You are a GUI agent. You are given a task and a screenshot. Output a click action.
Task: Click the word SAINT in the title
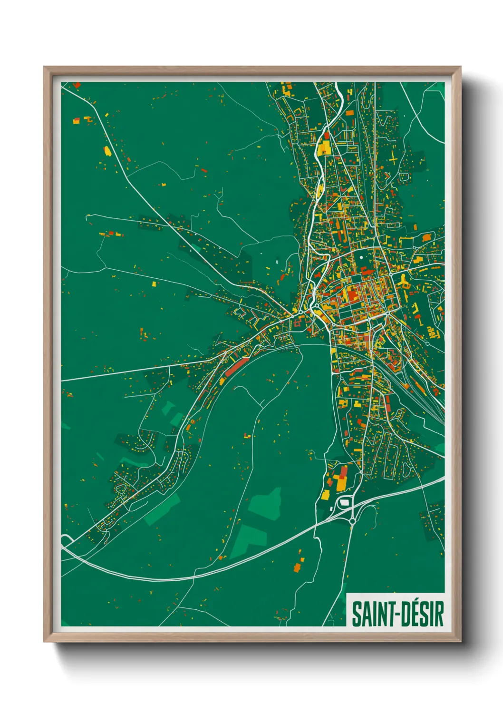372,614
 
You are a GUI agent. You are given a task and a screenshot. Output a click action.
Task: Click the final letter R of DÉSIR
440,614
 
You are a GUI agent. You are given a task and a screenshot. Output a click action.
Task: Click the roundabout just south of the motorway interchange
352,521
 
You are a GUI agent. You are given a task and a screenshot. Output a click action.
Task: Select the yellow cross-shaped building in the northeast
394,159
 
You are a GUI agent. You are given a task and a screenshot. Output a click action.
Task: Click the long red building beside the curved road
237,367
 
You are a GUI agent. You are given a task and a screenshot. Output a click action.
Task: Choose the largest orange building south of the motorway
298,567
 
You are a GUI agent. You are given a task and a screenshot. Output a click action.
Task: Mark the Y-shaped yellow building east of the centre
404,282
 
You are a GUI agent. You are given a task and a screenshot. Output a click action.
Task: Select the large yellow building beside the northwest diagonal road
107,151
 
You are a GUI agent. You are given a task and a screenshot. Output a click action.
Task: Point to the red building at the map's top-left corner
77,85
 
